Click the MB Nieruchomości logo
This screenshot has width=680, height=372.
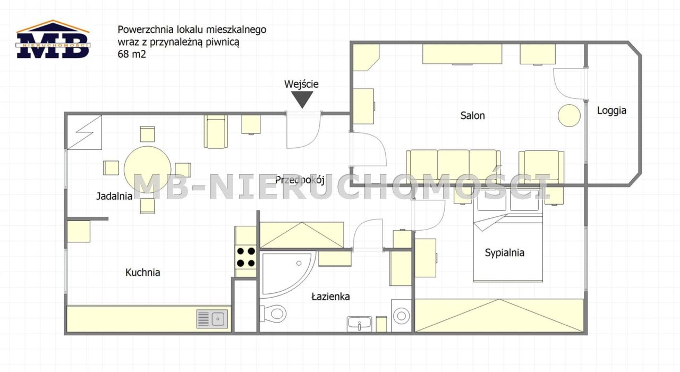point(53,39)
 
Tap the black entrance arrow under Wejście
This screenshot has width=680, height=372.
point(302,99)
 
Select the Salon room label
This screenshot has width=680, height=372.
point(472,115)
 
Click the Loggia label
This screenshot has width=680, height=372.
point(611,111)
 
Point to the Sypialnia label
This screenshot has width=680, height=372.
point(504,252)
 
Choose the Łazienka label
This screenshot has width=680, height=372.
point(330,296)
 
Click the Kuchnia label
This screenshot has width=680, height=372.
point(143,273)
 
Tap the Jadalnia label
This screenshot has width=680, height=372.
point(114,196)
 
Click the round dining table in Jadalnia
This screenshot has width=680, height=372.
point(148,169)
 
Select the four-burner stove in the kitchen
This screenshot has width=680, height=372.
point(246,257)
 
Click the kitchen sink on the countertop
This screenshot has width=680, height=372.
point(212,318)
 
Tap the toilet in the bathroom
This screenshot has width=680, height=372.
point(273,313)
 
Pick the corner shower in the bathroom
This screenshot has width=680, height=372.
point(288,274)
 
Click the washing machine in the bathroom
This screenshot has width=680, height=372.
point(401,316)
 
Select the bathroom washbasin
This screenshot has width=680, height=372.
point(359,324)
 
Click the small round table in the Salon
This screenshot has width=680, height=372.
point(569,115)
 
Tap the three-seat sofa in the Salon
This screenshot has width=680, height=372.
point(453,166)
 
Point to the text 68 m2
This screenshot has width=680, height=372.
point(132,54)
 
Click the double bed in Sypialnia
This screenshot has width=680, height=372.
point(508,235)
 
